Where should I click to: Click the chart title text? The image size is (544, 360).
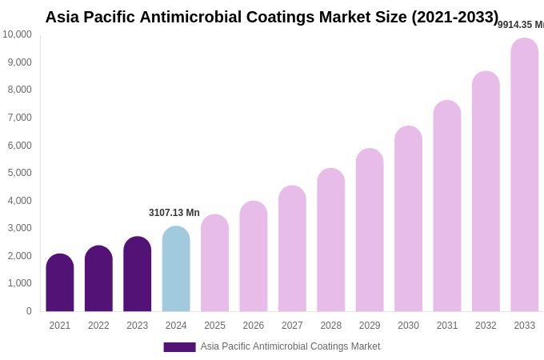click(271, 17)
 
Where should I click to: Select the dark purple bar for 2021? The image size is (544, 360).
click(60, 283)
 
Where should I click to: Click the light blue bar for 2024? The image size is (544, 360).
click(176, 270)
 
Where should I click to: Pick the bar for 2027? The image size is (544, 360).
click(292, 249)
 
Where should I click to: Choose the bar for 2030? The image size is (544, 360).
click(408, 219)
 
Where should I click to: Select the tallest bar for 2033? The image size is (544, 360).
click(525, 175)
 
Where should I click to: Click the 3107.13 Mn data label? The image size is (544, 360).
click(174, 213)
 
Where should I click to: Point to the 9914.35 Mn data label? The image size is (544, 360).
click(521, 25)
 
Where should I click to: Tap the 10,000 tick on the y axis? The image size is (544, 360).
click(17, 34)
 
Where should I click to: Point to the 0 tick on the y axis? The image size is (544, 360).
click(29, 311)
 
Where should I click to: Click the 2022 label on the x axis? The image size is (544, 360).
click(98, 326)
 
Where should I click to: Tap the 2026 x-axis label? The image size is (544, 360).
click(254, 326)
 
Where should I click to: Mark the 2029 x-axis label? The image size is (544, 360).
click(370, 326)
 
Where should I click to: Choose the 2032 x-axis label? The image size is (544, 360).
click(486, 326)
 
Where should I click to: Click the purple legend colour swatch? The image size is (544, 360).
click(179, 347)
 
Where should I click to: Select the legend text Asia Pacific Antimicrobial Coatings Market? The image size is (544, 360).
click(290, 346)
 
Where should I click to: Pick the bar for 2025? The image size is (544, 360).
click(214, 263)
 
